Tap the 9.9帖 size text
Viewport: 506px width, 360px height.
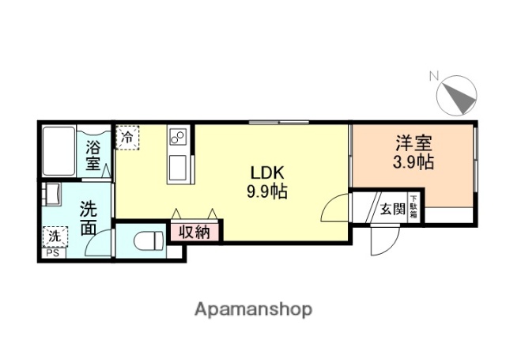pos(266,192)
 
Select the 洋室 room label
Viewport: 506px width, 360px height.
pos(413,146)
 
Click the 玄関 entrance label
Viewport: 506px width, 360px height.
pos(391,209)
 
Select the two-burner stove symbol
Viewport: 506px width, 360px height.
pos(177,140)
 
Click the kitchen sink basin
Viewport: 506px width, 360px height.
pos(177,167)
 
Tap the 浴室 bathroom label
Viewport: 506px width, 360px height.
pos(93,155)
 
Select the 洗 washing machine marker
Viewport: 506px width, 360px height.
pos(55,236)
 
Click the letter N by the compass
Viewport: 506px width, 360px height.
pos(433,76)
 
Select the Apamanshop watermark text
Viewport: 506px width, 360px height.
pos(253,309)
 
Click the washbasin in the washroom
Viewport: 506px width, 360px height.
pos(52,194)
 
